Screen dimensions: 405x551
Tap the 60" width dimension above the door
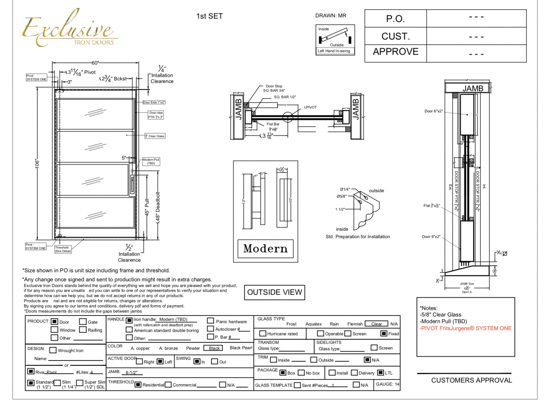coord(95,63)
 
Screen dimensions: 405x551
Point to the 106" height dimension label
coord(37,164)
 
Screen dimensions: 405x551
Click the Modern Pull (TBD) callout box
coord(151,161)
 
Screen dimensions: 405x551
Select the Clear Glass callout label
coord(155,136)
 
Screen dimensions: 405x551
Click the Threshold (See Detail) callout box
coord(63,249)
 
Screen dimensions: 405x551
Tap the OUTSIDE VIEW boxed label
coord(274,292)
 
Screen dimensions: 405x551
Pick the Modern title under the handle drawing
coord(265,249)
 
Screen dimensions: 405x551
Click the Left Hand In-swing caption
coord(334,51)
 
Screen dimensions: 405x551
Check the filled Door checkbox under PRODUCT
coord(55,322)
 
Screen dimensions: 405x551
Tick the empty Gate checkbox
coord(83,322)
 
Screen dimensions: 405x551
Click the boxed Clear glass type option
coord(376,324)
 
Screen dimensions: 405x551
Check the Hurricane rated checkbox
coord(263,334)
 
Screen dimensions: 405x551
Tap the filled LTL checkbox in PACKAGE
coord(380,373)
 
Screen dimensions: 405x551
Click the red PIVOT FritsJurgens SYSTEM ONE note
coord(465,328)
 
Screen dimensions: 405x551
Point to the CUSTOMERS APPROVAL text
coord(471,380)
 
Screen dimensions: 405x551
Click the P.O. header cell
coord(395,19)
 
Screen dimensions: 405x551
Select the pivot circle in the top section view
coord(288,117)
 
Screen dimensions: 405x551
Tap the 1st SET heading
coord(209,16)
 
